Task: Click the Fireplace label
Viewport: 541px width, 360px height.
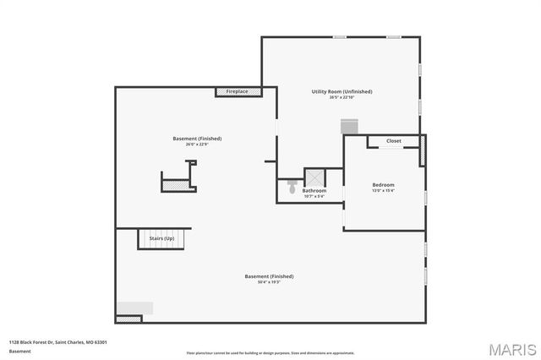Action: tap(237, 91)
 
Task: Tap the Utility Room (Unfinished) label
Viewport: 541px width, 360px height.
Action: tap(342, 91)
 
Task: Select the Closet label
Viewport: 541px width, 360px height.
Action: tap(394, 141)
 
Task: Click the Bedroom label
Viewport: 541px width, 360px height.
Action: tap(383, 185)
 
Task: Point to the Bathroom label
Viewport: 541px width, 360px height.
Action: tap(314, 191)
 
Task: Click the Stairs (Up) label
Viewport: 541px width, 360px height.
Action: tap(161, 239)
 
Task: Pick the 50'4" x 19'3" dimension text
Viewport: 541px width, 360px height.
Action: tap(269, 281)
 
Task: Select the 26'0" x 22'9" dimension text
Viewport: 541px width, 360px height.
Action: tap(197, 145)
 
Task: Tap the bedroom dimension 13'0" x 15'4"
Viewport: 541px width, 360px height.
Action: tap(383, 191)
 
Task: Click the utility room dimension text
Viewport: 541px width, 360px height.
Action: tap(342, 97)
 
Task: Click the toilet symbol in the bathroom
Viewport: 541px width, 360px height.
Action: tap(292, 183)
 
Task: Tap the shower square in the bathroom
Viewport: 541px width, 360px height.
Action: tap(314, 177)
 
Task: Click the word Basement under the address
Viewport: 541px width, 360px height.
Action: tap(19, 351)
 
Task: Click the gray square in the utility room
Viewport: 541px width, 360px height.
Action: tap(350, 126)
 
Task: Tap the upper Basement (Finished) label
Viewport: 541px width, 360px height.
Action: tap(197, 139)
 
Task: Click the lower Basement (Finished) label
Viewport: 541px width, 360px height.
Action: tap(269, 276)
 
